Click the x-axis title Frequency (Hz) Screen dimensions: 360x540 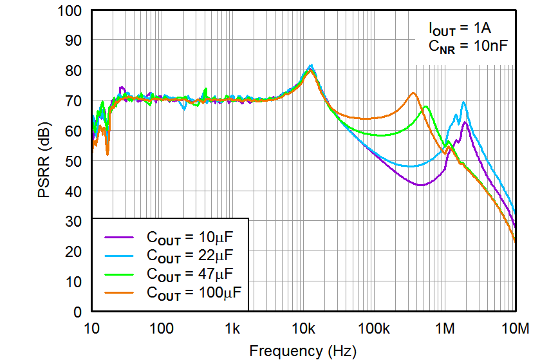click(302, 351)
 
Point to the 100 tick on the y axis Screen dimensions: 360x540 click(70, 11)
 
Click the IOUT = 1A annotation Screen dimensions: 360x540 click(461, 28)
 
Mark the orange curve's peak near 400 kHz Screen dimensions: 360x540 click(413, 93)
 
